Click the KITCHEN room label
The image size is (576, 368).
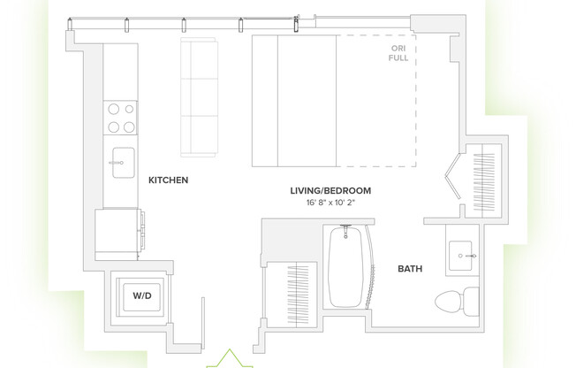point(168,180)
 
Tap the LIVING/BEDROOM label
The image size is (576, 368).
point(330,190)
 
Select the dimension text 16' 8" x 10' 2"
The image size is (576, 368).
point(330,203)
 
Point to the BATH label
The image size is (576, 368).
point(410,268)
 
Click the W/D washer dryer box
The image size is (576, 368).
point(142,295)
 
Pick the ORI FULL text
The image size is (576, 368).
point(399,54)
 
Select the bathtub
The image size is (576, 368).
point(345,265)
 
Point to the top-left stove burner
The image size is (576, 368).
point(113,111)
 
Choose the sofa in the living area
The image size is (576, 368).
point(200,96)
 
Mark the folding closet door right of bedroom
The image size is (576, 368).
point(454,180)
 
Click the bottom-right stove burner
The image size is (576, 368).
point(129,126)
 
